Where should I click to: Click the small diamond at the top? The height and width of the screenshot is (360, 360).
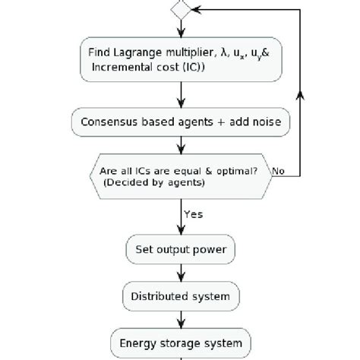(x=181, y=10)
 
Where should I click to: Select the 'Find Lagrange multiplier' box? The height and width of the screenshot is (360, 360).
(x=181, y=59)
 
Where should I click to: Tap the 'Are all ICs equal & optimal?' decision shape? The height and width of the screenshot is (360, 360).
(x=181, y=176)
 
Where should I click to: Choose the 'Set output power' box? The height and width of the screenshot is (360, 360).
(x=181, y=248)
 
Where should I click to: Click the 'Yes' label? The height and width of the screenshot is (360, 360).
(x=194, y=213)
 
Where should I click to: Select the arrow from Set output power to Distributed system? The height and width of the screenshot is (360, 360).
(x=181, y=272)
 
